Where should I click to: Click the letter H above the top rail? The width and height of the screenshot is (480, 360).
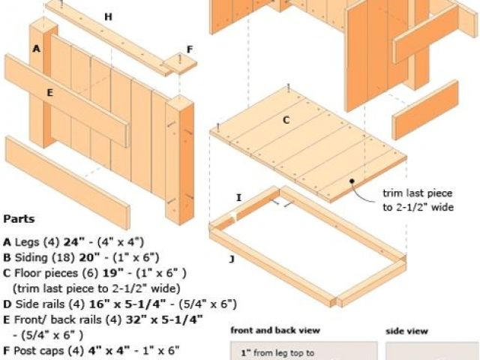tap(108, 16)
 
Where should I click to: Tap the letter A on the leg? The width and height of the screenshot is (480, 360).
tap(37, 49)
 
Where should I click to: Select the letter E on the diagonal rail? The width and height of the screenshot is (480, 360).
tap(50, 92)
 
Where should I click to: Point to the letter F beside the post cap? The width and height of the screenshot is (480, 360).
tap(190, 49)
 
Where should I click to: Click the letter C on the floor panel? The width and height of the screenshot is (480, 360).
tap(286, 120)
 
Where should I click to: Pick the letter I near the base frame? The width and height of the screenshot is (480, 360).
tap(238, 198)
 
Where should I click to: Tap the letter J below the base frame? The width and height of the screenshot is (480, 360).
tap(232, 259)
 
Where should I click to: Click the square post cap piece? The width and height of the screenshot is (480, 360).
tap(180, 63)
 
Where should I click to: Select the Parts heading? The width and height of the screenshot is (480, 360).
tap(19, 219)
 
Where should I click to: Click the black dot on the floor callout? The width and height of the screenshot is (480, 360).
tap(352, 181)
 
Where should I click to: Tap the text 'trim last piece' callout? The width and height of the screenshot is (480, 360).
tap(418, 193)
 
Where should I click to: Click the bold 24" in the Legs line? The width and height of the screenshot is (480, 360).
tap(73, 241)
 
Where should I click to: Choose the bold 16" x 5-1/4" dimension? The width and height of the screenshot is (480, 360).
tap(127, 304)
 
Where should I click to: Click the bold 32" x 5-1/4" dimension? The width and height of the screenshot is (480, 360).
tap(164, 319)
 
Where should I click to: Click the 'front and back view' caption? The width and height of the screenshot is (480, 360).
tap(275, 331)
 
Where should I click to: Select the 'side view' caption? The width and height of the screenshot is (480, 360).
tap(406, 331)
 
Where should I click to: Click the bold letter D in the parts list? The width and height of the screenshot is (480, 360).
tap(7, 304)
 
